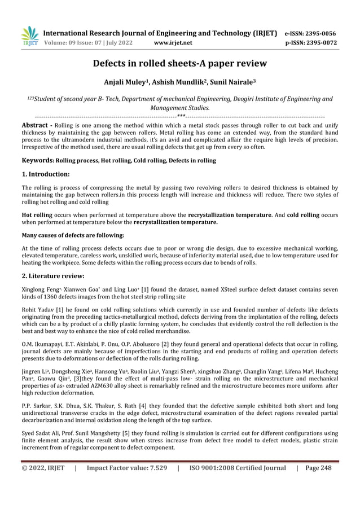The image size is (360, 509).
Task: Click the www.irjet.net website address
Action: tap(173, 42)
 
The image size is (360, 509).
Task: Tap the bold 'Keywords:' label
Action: tap(38, 161)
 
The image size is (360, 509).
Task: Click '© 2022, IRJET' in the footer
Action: tap(43, 468)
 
